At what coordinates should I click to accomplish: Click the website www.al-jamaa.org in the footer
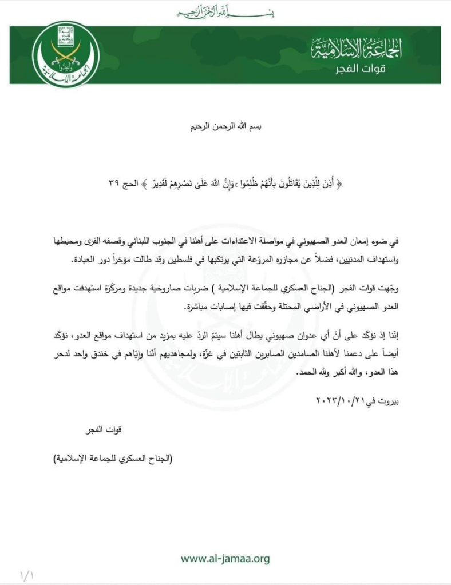[x=225, y=558]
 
